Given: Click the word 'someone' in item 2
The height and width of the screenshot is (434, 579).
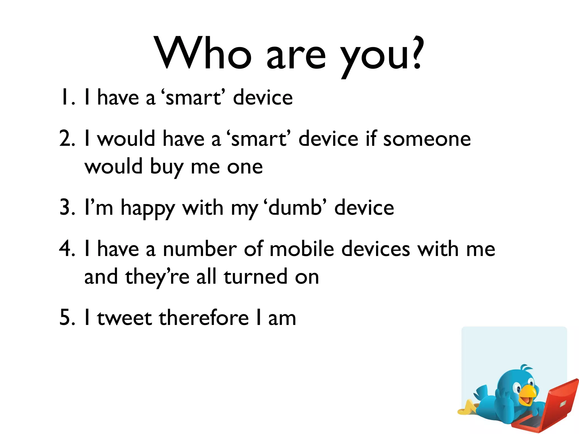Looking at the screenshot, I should (427, 139).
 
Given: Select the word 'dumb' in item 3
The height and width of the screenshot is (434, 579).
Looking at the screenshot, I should (295, 208).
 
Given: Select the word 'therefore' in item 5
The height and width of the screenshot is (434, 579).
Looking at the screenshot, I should (204, 318).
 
